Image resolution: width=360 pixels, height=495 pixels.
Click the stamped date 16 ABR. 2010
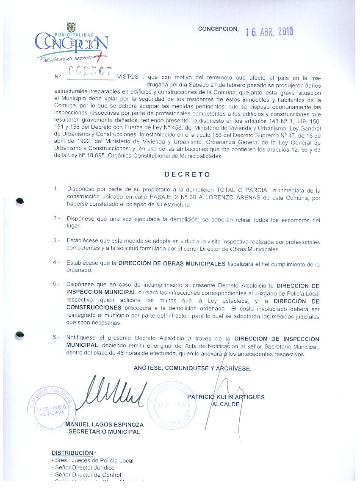tap(269, 32)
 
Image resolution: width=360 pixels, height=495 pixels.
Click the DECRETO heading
tap(187, 174)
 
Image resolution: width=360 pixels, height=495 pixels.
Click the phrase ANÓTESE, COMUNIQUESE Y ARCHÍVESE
tap(192, 368)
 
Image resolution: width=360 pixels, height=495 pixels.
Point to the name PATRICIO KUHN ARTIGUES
tap(226, 397)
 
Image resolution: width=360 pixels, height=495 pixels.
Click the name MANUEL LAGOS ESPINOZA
tap(105, 425)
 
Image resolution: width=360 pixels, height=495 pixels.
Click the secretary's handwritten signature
tap(114, 392)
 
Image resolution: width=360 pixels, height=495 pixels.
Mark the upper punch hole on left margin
tap(19, 202)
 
